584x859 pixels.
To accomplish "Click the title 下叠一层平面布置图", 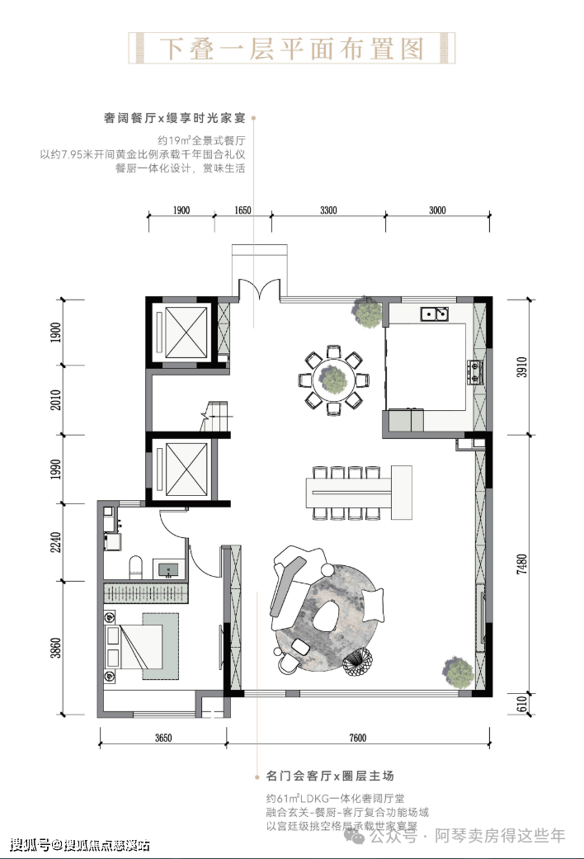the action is (291, 48).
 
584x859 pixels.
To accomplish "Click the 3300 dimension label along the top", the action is (328, 210).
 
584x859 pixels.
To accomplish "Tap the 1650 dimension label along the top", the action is (243, 210).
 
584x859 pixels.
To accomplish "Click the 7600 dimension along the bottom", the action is (358, 738).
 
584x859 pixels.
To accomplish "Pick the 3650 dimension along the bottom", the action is (163, 738).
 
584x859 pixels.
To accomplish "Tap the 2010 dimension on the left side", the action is (56, 400).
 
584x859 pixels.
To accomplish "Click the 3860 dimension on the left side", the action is (56, 648).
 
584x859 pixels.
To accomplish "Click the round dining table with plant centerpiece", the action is (333, 379).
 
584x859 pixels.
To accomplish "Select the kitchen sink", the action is (435, 314).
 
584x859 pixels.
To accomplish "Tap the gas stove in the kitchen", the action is (474, 371).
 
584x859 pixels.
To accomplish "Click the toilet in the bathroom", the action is (135, 568).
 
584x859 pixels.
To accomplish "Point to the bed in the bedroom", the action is (134, 646).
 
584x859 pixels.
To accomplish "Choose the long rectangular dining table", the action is (358, 493).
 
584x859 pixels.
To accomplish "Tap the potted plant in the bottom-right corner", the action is (459, 673).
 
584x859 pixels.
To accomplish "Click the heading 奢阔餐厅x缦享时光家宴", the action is (175, 118).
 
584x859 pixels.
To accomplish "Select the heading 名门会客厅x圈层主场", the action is (330, 776).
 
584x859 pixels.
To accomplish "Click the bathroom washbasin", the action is (169, 569).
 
